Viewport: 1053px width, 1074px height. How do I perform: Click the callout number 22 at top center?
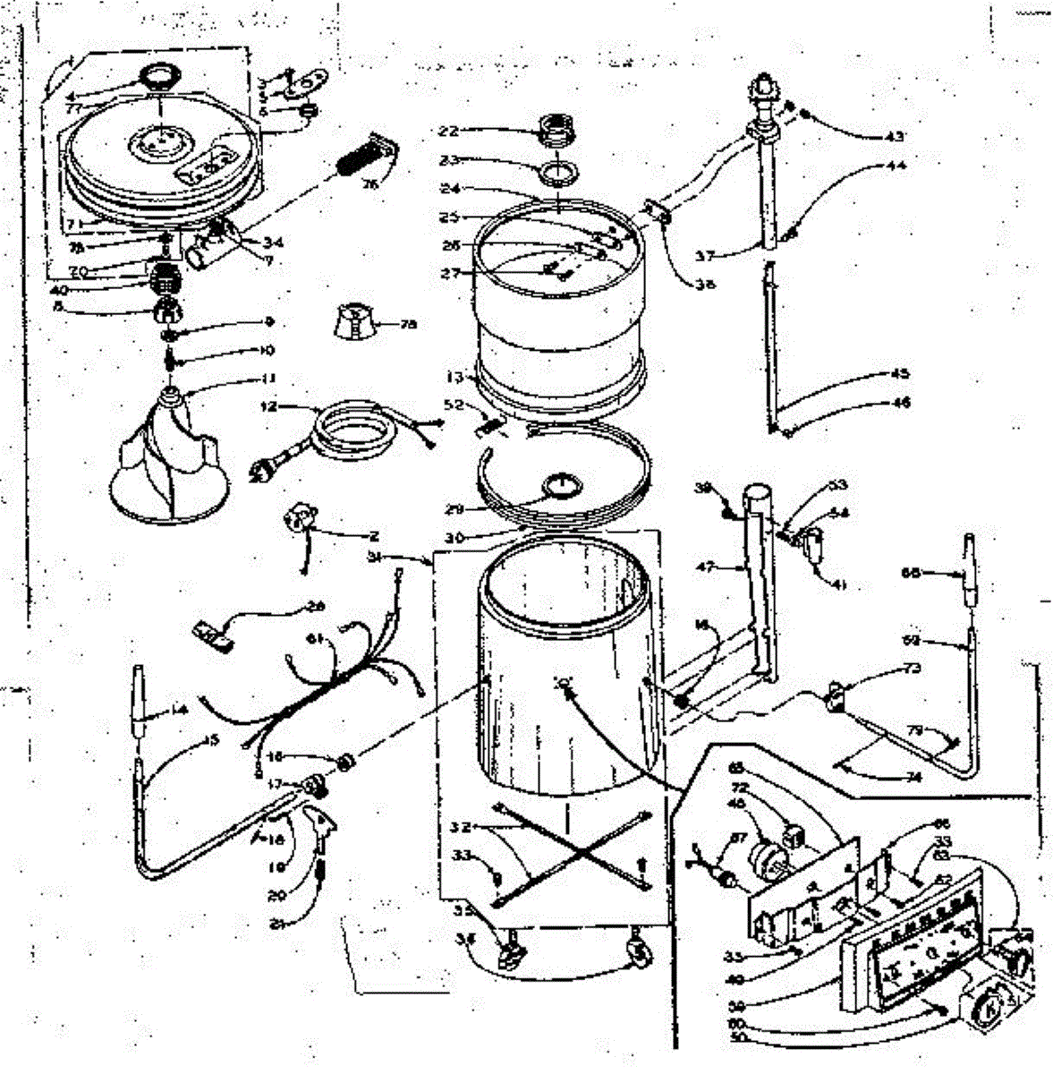click(447, 131)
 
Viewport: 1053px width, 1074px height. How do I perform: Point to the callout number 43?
click(896, 137)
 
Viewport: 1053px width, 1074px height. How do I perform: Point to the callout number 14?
click(180, 710)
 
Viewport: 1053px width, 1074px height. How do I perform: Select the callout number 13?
click(454, 377)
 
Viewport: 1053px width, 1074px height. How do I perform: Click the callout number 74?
click(913, 778)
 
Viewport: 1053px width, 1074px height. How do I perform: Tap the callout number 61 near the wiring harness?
click(315, 638)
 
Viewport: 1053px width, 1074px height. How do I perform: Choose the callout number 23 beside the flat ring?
click(448, 160)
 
